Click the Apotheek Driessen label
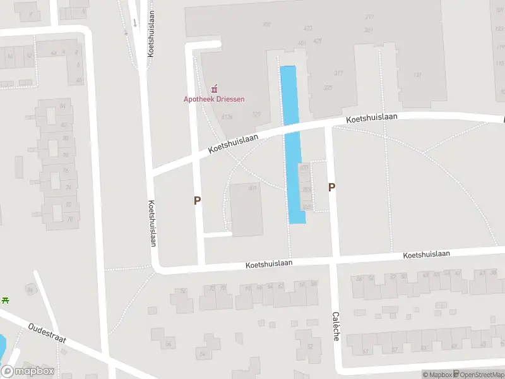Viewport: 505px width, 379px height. coord(213,99)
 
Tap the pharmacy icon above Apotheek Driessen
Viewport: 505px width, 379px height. coord(214,88)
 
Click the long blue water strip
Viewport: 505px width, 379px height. coord(292,145)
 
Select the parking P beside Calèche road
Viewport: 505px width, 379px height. coord(331,187)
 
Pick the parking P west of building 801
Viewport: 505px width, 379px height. coord(197,200)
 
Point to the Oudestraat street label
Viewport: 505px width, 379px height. coord(47,335)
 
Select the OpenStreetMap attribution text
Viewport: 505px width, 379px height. coord(478,375)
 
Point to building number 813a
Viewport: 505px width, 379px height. coord(227,116)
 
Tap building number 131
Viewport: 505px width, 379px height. coord(417,75)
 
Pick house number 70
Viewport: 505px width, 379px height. coord(69,219)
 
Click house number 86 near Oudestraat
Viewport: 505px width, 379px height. coord(30,290)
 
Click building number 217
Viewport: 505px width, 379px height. coord(369,17)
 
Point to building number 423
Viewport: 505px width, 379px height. coord(308,28)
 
